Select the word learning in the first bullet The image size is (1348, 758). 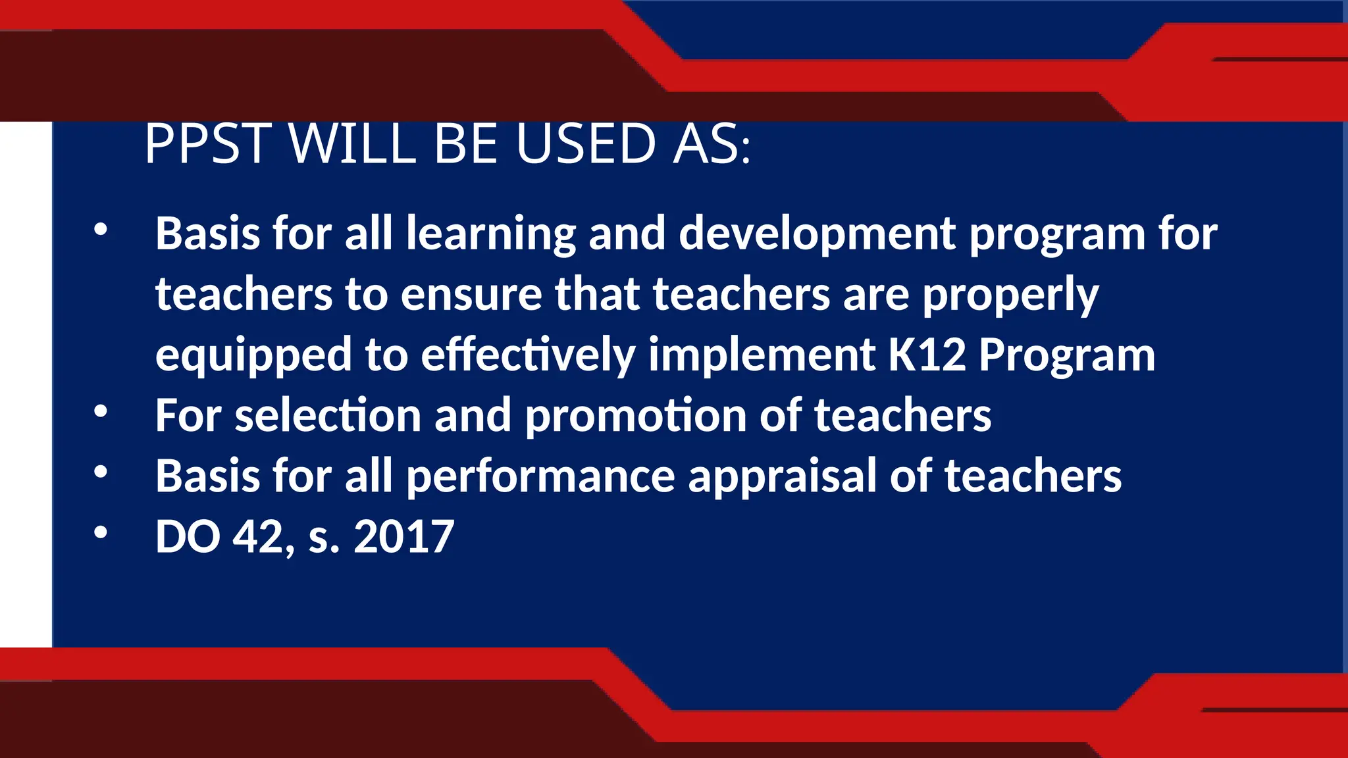coord(490,234)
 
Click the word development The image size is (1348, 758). coord(817,234)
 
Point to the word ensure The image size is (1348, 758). coord(471,294)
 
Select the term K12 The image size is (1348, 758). coord(927,355)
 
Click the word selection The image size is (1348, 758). coord(328,416)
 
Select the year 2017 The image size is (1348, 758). coord(403,537)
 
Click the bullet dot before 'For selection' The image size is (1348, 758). coord(100,412)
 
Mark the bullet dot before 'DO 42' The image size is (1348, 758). coord(100,532)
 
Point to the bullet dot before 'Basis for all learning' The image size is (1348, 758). coord(100,230)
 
